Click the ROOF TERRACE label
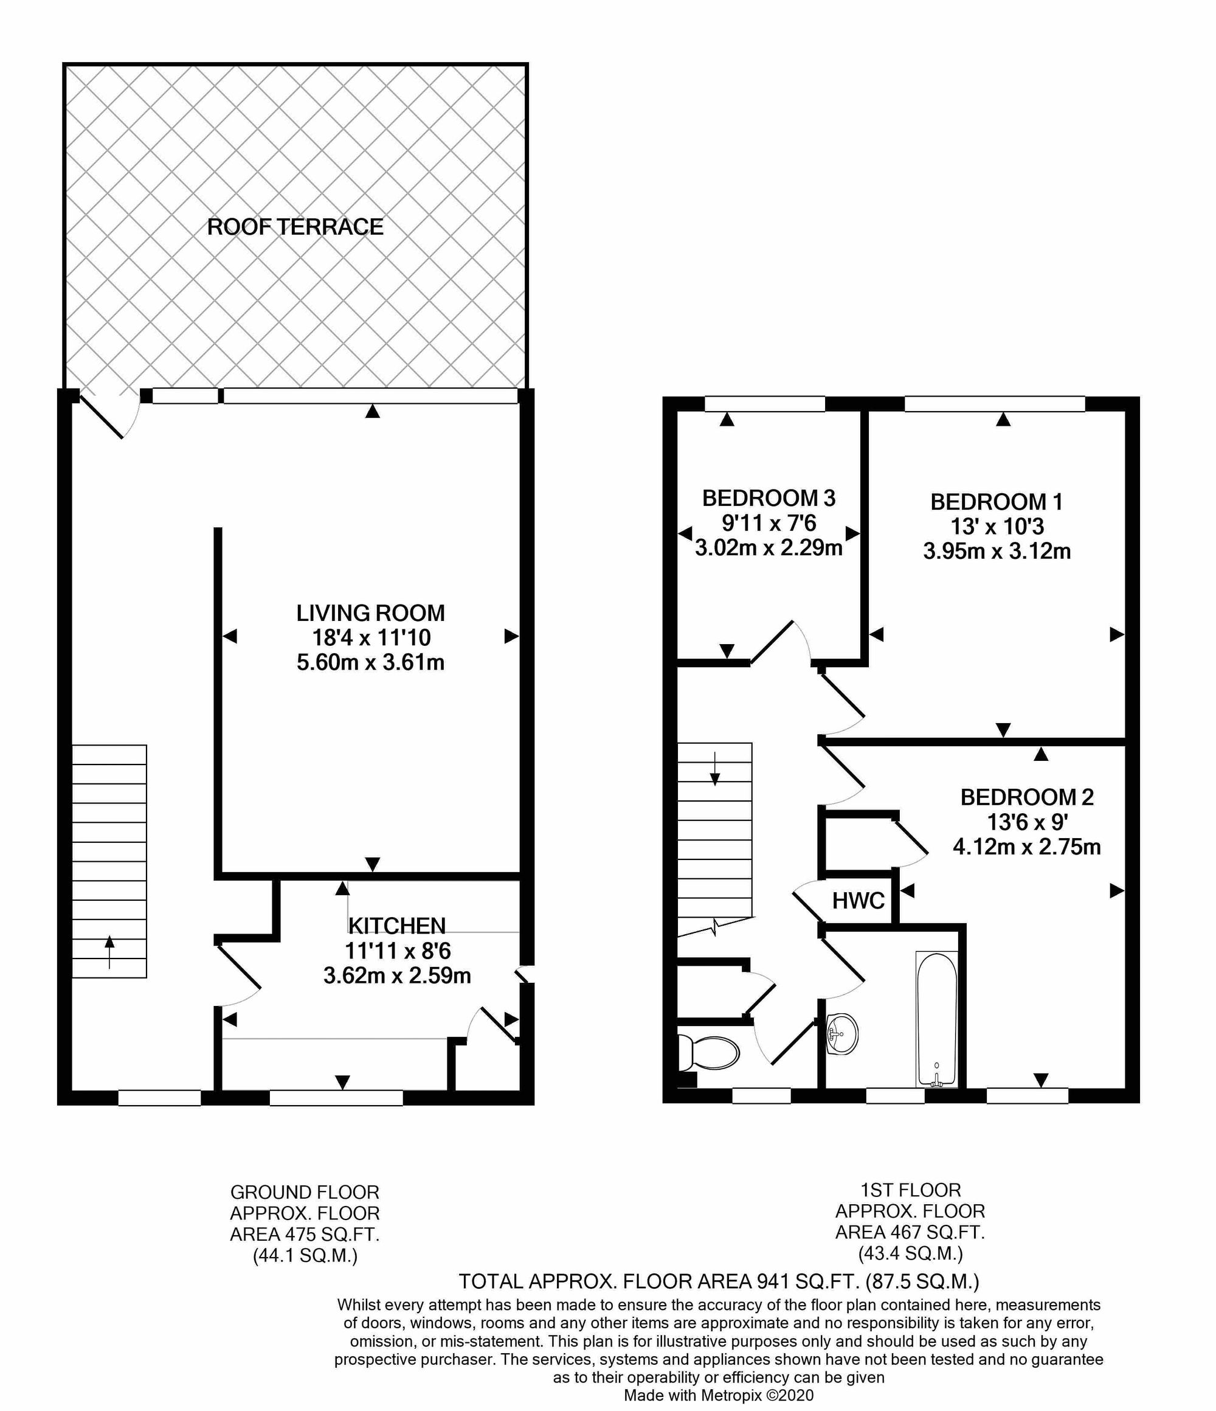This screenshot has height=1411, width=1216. (x=295, y=227)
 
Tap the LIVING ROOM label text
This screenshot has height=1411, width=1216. (x=370, y=613)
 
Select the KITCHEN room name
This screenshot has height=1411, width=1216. (x=397, y=926)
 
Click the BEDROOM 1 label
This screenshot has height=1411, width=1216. (x=996, y=502)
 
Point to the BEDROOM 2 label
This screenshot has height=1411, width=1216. (x=1027, y=797)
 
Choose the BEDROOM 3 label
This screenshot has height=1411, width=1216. (x=768, y=499)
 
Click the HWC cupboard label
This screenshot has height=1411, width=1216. (x=858, y=901)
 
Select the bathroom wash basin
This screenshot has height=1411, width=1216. (x=841, y=1035)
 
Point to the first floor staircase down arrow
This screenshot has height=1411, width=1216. (x=715, y=769)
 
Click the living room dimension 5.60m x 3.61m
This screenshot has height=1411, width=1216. (x=370, y=662)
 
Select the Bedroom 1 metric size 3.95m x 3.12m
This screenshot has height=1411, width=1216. (x=997, y=551)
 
